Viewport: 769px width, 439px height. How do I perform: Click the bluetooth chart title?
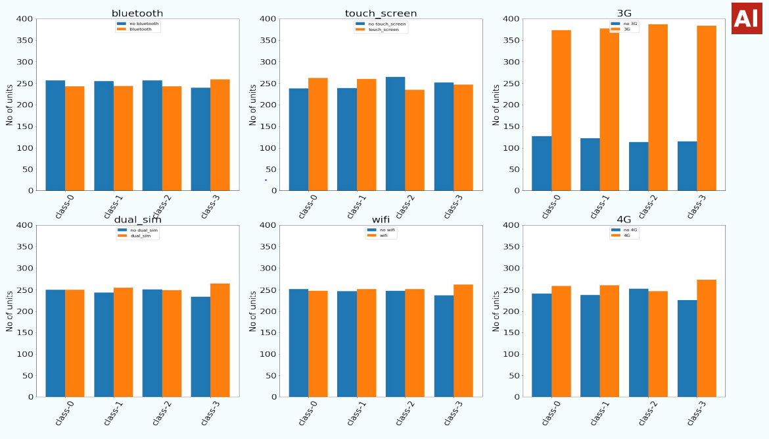(x=137, y=13)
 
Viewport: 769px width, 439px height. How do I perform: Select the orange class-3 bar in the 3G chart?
(x=706, y=109)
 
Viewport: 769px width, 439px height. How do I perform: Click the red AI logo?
(x=746, y=18)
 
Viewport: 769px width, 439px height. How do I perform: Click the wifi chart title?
(x=381, y=220)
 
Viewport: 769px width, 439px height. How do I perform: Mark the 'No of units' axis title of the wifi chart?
(x=253, y=311)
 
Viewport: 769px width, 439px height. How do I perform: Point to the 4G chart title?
(x=624, y=220)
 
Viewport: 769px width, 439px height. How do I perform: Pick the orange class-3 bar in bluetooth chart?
(x=220, y=135)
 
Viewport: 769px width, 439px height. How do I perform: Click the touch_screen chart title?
(x=381, y=13)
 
